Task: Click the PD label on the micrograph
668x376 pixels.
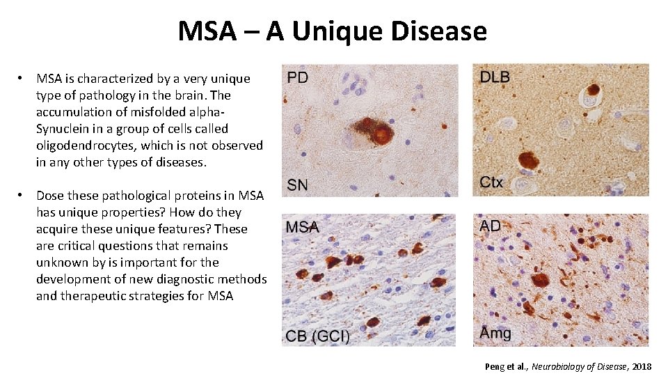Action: tap(297, 77)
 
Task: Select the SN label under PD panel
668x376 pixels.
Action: tap(298, 185)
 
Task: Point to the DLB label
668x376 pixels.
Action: tap(495, 77)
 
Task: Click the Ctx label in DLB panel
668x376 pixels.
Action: tap(491, 182)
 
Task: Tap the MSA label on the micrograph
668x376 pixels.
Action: tap(303, 227)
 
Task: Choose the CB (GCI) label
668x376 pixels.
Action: tap(317, 336)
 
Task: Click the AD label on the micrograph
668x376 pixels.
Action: tap(490, 226)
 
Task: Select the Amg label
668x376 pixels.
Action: tap(495, 333)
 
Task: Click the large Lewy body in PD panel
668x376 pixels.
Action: tap(381, 133)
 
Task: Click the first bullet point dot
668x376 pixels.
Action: tap(22, 79)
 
